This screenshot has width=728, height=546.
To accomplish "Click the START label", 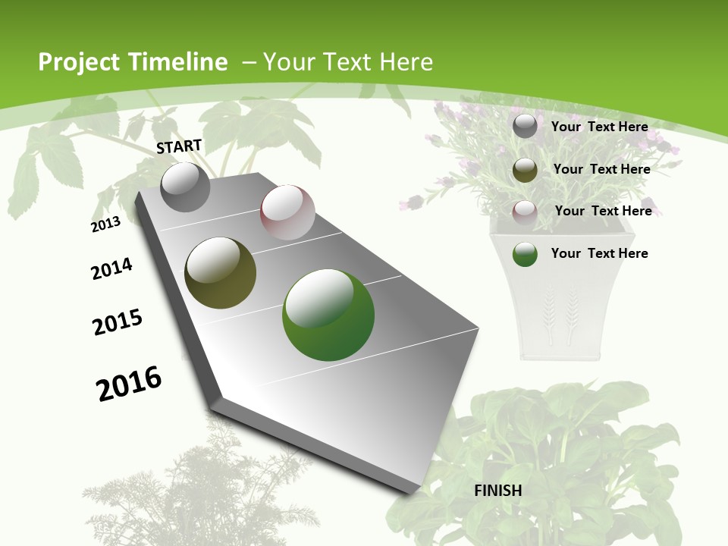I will coord(179,146).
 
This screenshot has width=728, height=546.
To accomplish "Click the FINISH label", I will coord(497,491).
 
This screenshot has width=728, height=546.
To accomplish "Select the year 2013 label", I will coord(105,224).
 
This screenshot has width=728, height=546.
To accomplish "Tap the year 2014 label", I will coord(111,268).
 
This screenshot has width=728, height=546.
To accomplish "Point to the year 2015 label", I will coord(118,322).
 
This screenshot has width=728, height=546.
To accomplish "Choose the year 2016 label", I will coord(129,384).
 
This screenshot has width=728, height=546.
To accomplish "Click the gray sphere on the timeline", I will coord(186,187).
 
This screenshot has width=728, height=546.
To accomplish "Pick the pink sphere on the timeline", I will coord(287,212).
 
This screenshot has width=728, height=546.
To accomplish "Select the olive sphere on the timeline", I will coord(221,273).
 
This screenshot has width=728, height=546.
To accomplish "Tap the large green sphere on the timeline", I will coord(328,315).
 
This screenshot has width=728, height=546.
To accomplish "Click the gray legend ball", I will coord(525,127).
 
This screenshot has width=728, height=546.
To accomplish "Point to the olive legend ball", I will coord(525,169).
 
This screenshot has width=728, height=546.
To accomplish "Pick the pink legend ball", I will coord(525,212).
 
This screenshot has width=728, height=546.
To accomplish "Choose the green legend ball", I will coord(525,254).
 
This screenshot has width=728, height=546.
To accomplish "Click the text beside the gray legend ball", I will coord(599,127).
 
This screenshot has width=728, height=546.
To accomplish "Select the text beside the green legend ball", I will coord(599,253).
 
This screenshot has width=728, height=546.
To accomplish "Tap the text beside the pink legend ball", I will coord(603,211).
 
